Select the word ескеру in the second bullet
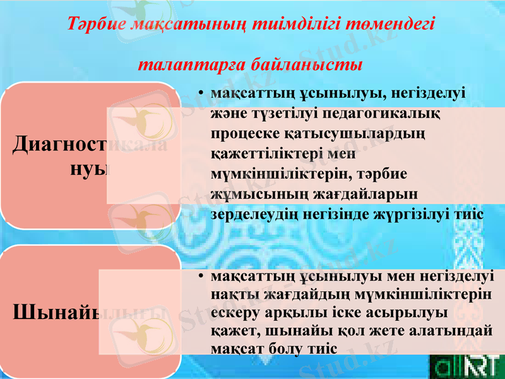click(x=236, y=313)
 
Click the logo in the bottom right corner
click(x=466, y=367)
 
